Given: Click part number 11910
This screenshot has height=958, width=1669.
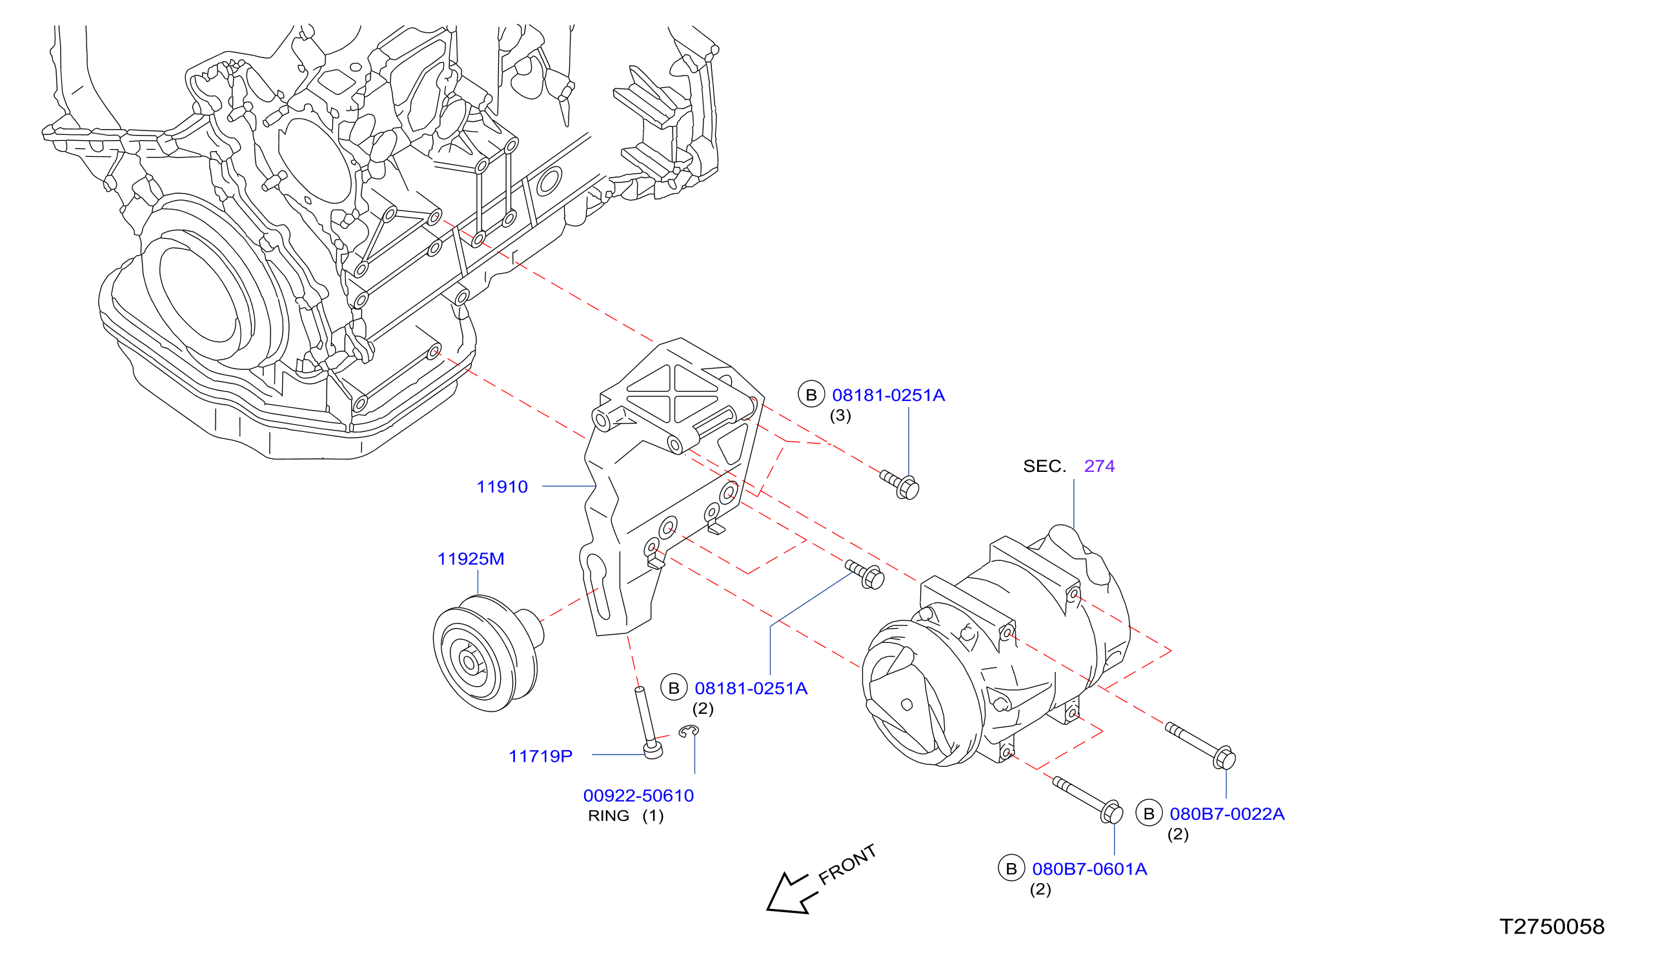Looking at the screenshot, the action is [x=501, y=487].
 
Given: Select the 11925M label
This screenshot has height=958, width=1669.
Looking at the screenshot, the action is [x=471, y=558].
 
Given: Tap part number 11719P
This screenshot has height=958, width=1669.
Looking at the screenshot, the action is [x=541, y=756].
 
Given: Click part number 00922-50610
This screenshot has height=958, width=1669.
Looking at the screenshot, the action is [x=638, y=795].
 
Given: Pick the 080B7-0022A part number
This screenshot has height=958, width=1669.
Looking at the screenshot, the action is [x=1227, y=814].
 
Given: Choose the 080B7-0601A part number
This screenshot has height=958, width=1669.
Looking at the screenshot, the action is [x=1089, y=869].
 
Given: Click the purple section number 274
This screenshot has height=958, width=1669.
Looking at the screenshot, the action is [x=1100, y=466].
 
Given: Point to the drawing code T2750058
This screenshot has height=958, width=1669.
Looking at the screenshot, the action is [x=1552, y=926].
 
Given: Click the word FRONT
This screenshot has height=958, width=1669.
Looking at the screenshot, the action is [x=847, y=864].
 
